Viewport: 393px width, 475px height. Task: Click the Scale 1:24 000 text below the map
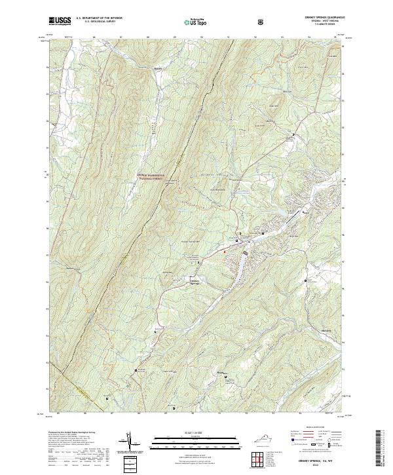click(x=189, y=433)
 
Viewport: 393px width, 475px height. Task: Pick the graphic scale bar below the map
click(x=189, y=443)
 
